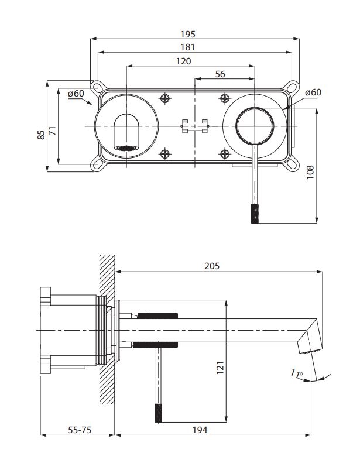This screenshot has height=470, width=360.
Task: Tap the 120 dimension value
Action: tap(183, 60)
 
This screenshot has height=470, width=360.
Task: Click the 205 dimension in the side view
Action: tap(212, 266)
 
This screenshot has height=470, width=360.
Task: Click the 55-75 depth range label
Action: tap(79, 430)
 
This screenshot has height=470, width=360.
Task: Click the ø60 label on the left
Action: tap(76, 94)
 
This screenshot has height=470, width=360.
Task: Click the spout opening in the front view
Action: tap(127, 147)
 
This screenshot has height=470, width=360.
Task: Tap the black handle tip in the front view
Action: tap(255, 214)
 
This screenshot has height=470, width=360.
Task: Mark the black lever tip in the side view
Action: tap(158, 413)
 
